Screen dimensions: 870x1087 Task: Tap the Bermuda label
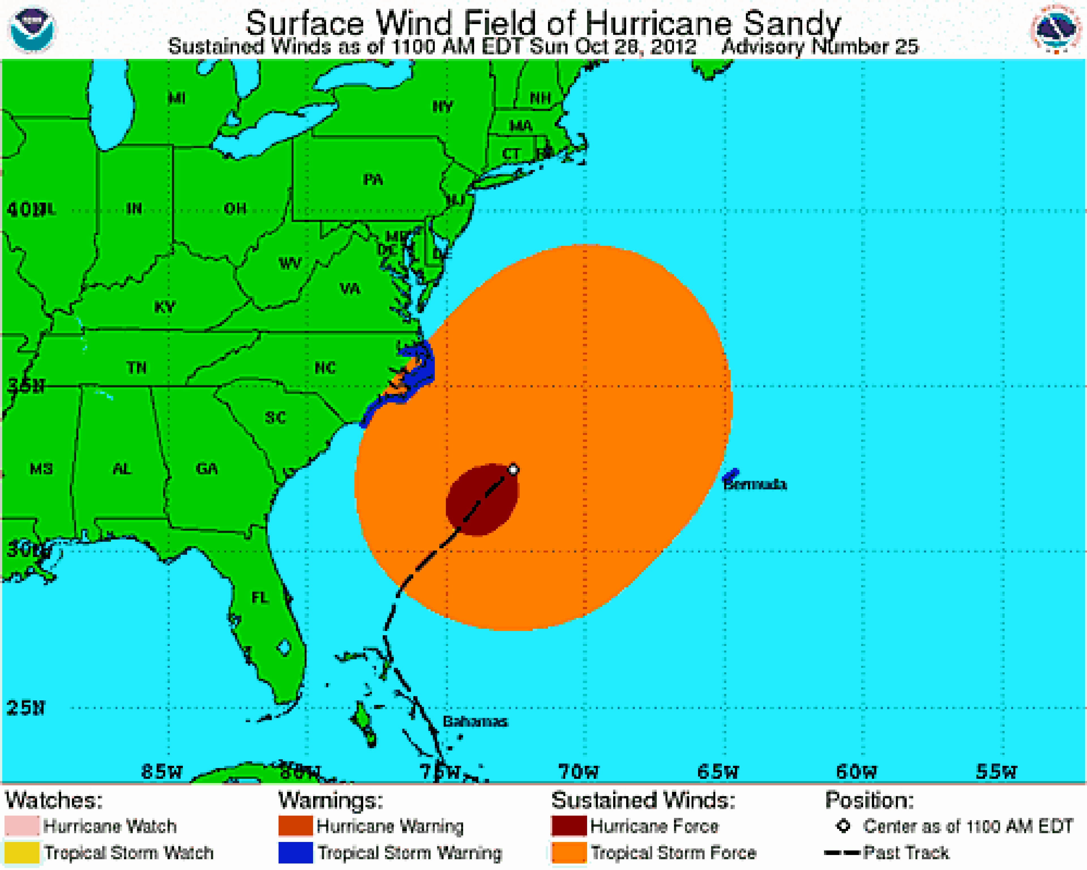click(x=755, y=485)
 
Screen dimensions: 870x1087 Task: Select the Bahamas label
click(x=475, y=722)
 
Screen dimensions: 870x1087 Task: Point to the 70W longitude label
click(x=578, y=772)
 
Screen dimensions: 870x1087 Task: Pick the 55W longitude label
click(x=996, y=772)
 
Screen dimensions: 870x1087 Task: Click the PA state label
click(x=373, y=180)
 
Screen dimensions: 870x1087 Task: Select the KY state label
click(x=165, y=307)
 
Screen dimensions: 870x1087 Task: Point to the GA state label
click(x=207, y=468)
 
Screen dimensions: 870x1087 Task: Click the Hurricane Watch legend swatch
click(x=22, y=826)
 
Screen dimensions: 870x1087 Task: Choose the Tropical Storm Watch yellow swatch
click(x=22, y=852)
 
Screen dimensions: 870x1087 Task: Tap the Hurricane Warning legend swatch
click(x=296, y=826)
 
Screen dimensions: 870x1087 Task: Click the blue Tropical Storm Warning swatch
click(x=296, y=852)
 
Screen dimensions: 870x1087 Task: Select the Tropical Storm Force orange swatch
click(x=569, y=852)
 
